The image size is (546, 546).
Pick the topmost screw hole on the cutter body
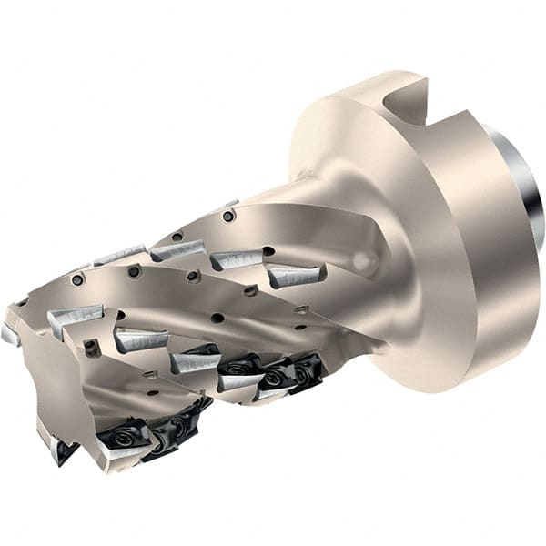click(x=228, y=217)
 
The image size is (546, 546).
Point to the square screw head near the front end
click(x=90, y=347)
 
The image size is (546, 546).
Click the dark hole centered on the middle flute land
click(x=217, y=318)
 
